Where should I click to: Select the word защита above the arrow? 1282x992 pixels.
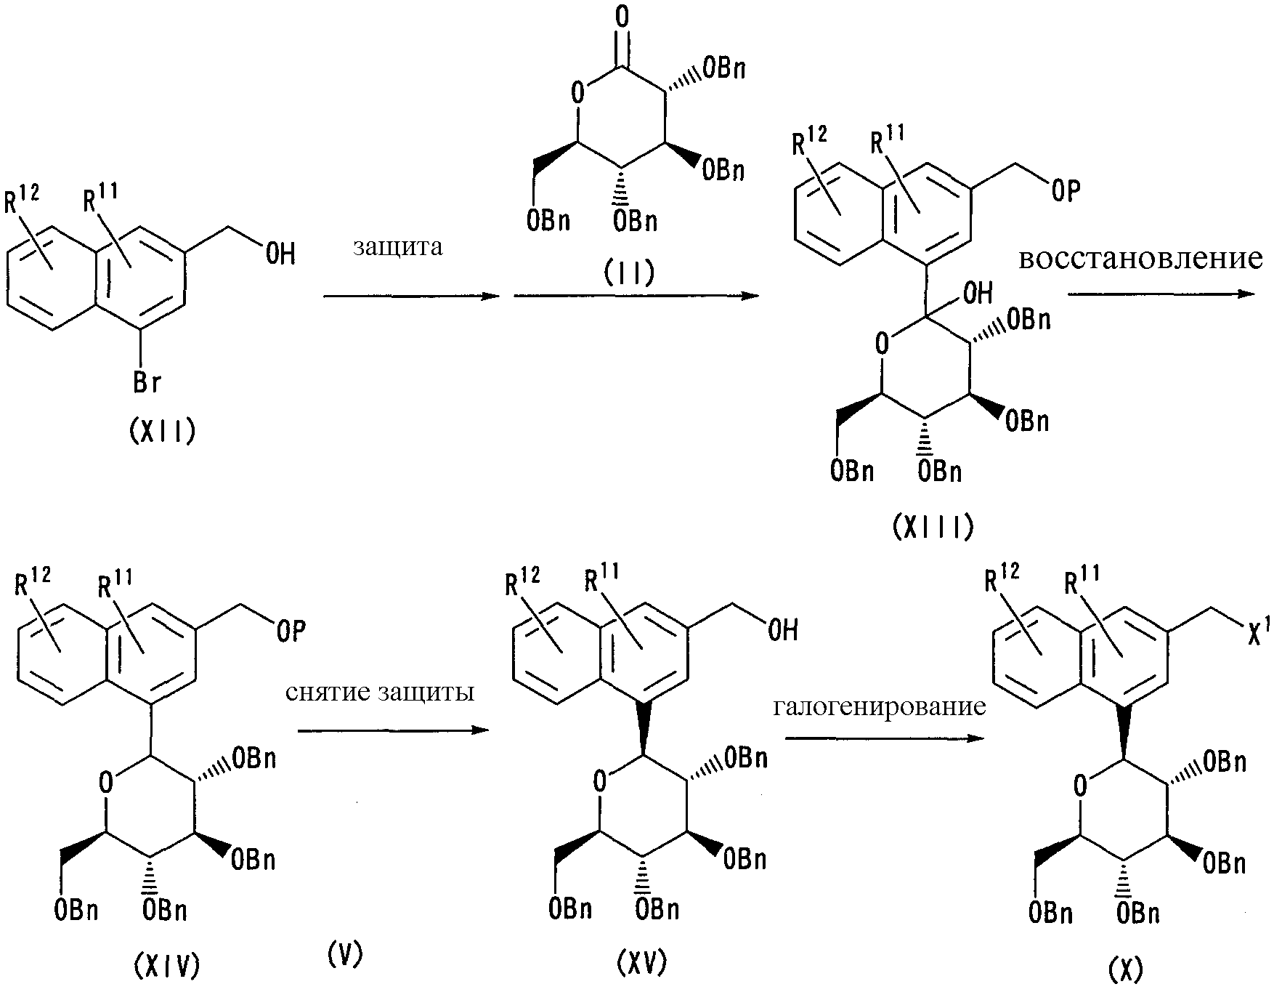point(398,247)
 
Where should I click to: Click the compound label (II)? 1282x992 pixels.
point(629,273)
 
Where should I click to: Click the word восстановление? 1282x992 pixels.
point(1140,259)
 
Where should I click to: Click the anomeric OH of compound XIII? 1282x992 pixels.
point(975,294)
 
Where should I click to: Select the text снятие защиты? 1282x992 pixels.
point(380,693)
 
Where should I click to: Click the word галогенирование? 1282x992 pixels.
point(880,706)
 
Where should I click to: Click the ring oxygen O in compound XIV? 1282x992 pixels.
point(106,783)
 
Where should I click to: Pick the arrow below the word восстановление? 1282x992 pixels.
point(1161,294)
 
